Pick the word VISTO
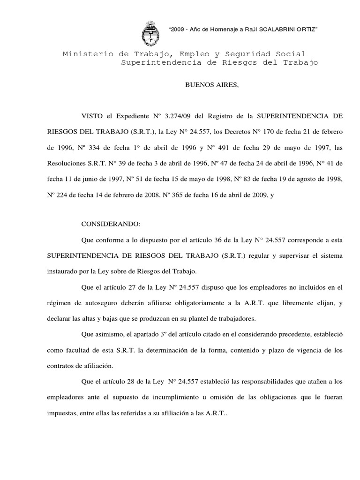click(x=91, y=115)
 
